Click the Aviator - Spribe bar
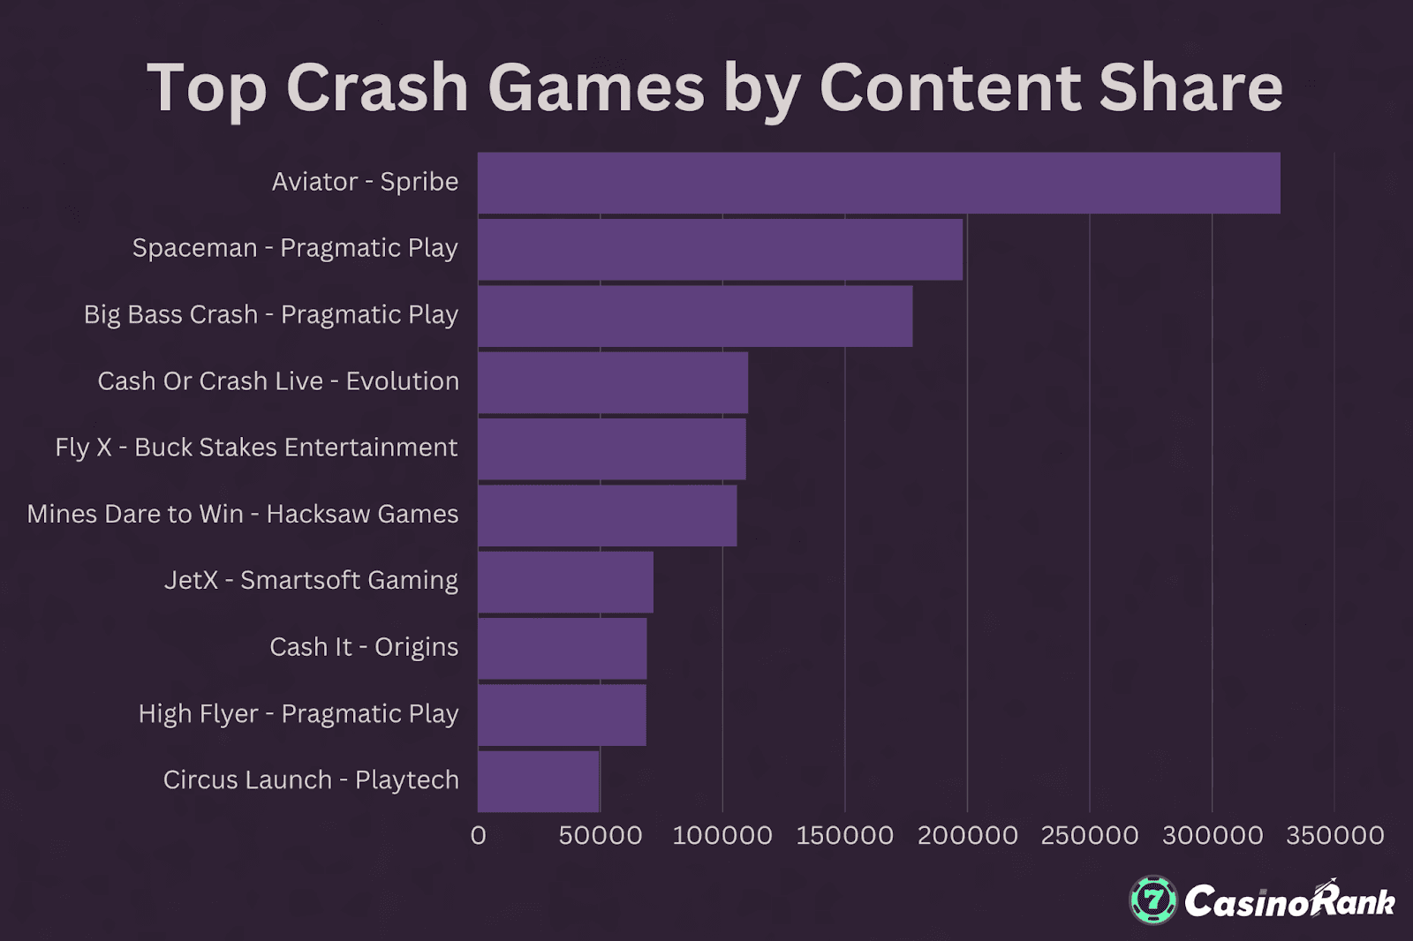tap(879, 183)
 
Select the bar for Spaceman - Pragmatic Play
tap(720, 249)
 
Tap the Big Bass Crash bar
tap(695, 316)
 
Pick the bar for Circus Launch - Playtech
tap(539, 781)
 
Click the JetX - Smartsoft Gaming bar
tap(565, 582)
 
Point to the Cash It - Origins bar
tap(562, 649)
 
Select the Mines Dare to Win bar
tap(607, 516)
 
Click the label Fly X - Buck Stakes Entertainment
tap(256, 448)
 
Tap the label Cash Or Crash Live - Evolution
tap(278, 381)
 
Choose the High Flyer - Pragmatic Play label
tap(298, 713)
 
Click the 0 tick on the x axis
tap(479, 835)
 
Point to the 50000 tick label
tap(601, 835)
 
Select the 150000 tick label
tap(845, 835)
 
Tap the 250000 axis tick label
tap(1090, 835)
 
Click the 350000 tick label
tap(1335, 835)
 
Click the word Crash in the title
tap(377, 88)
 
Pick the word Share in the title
tap(1190, 88)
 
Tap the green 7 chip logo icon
tap(1153, 900)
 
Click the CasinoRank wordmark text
tap(1289, 901)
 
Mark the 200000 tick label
tap(968, 835)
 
